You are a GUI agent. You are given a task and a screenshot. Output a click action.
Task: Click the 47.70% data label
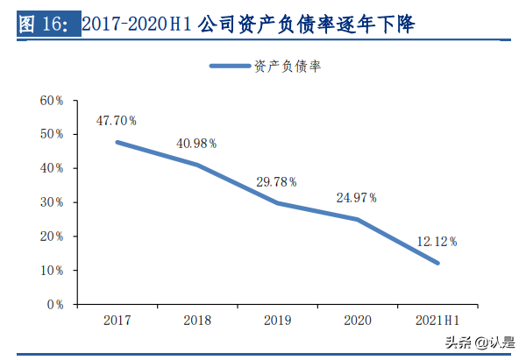click(117, 119)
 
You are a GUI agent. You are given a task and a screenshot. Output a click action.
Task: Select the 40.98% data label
click(196, 144)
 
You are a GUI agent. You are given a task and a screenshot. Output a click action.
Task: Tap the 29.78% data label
click(276, 181)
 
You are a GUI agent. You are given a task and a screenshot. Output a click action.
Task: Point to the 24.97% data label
click(356, 198)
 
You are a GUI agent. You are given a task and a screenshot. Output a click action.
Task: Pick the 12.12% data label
click(436, 241)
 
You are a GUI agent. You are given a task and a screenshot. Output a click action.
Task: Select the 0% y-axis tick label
click(55, 305)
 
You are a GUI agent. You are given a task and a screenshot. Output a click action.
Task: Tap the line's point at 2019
click(277, 203)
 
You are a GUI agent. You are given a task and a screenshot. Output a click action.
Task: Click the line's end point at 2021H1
click(437, 263)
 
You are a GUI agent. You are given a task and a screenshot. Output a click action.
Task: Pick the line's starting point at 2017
click(117, 142)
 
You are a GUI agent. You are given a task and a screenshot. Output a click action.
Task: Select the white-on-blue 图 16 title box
click(47, 25)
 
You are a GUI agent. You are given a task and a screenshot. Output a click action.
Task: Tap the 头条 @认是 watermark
click(479, 342)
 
